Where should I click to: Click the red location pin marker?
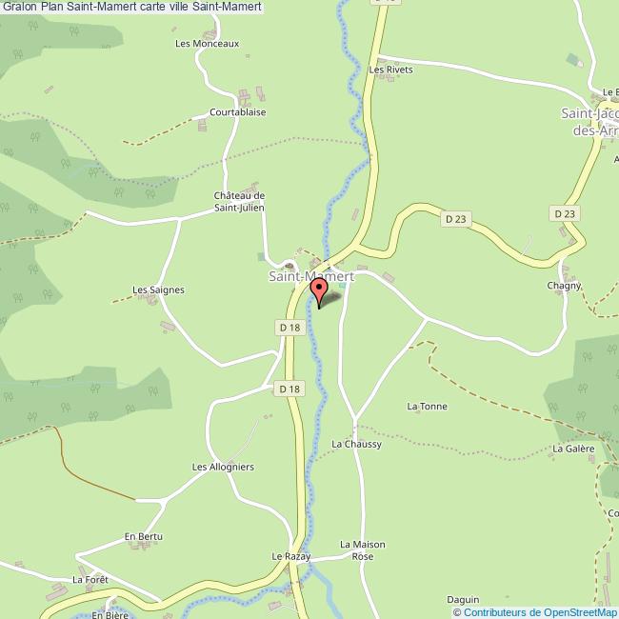click(x=319, y=289)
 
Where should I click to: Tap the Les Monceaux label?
click(x=207, y=43)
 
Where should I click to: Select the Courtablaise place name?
click(x=238, y=111)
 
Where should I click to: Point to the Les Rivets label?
click(x=391, y=70)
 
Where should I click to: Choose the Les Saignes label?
click(x=158, y=290)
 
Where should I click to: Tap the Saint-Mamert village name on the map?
click(x=310, y=276)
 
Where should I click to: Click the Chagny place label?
click(x=565, y=286)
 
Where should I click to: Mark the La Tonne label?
click(x=427, y=407)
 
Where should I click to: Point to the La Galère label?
click(x=573, y=448)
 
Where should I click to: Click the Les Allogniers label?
click(x=222, y=467)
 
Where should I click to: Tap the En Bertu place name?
click(x=144, y=537)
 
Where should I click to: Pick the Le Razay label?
click(x=291, y=556)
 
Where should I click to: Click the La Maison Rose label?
click(x=363, y=550)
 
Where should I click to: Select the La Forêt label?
click(x=91, y=579)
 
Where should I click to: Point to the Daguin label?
click(x=463, y=599)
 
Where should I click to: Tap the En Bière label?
click(x=110, y=615)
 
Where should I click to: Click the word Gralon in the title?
click(x=19, y=7)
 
